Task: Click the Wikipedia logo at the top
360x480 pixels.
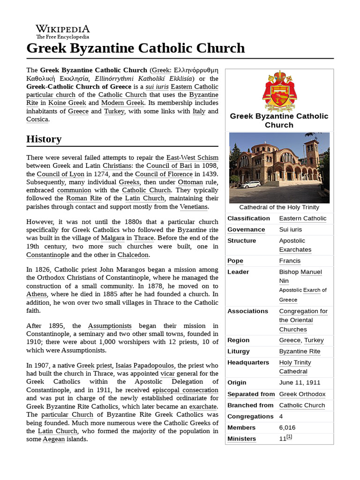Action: [63, 30]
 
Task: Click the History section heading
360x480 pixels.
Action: [44, 139]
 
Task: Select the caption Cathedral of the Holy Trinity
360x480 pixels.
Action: [279, 207]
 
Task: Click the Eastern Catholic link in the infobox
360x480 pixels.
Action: [303, 218]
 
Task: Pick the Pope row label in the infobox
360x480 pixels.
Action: [236, 261]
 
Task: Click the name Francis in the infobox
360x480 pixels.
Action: [290, 261]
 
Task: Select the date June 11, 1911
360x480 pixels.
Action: [300, 382]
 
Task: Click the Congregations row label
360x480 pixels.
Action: [250, 416]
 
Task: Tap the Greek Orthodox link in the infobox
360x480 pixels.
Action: [302, 394]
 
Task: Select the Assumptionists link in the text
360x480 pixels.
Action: [110, 326]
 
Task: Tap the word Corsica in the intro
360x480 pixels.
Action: [37, 120]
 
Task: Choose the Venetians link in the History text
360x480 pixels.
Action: [194, 207]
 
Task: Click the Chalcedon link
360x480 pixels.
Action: [133, 255]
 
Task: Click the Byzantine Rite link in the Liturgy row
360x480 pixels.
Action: [300, 351]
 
